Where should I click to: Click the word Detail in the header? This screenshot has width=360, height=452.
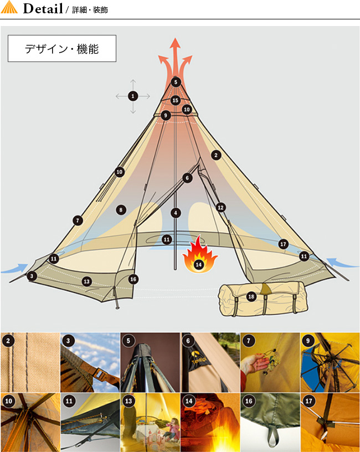pyautogui.click(x=43, y=8)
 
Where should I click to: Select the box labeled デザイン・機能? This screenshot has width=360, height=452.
pyautogui.click(x=62, y=48)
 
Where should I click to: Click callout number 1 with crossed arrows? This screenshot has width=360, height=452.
pyautogui.click(x=133, y=96)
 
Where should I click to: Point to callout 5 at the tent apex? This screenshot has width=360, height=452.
pyautogui.click(x=176, y=82)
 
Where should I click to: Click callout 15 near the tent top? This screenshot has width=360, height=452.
pyautogui.click(x=175, y=100)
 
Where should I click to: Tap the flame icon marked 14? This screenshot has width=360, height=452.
pyautogui.click(x=199, y=254)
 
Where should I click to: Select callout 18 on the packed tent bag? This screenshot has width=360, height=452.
pyautogui.click(x=251, y=296)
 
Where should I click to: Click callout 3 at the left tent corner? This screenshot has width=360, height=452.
pyautogui.click(x=32, y=276)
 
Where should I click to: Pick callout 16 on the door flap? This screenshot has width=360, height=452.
pyautogui.click(x=133, y=279)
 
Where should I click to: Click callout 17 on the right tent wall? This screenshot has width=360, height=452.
pyautogui.click(x=284, y=244)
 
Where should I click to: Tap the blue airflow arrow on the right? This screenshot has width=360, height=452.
pyautogui.click(x=342, y=263)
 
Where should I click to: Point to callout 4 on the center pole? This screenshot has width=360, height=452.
pyautogui.click(x=176, y=213)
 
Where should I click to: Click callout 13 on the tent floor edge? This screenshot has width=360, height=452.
pyautogui.click(x=87, y=281)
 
